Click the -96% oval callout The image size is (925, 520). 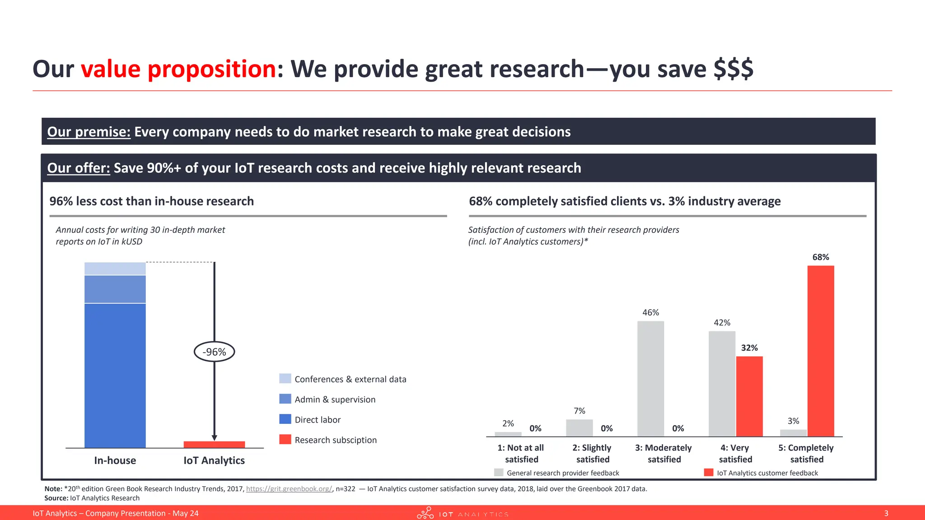[x=214, y=352]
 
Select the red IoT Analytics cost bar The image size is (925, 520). [x=214, y=445]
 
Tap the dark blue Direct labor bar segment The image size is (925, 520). [x=115, y=375]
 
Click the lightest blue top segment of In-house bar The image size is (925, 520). [x=115, y=269]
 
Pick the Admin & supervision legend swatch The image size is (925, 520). [x=285, y=399]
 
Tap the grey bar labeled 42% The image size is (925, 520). [x=722, y=384]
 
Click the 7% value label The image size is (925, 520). [x=579, y=411]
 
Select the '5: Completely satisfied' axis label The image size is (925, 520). [x=806, y=453]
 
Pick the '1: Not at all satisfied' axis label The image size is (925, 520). [x=521, y=453]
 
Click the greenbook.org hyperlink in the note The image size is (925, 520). [x=289, y=488]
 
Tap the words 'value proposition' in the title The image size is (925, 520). [x=178, y=69]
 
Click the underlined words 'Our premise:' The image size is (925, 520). [x=89, y=132]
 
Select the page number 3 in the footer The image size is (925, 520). [x=886, y=513]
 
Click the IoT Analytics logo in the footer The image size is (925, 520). [x=462, y=513]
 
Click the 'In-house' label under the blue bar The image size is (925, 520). [x=115, y=460]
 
